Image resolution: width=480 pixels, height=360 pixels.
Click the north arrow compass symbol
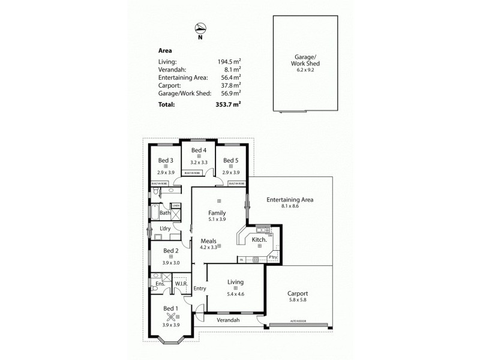click(x=200, y=27)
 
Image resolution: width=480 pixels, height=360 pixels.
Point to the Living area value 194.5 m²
click(x=229, y=61)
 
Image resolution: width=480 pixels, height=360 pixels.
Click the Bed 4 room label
click(x=199, y=150)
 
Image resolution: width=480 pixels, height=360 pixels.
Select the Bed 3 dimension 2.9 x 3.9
click(x=166, y=172)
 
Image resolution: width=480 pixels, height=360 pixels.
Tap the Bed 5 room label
click(x=231, y=160)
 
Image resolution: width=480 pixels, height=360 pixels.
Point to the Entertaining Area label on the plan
click(x=290, y=200)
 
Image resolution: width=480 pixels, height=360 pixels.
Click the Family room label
click(x=217, y=212)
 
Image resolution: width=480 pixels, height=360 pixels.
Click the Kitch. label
click(x=259, y=239)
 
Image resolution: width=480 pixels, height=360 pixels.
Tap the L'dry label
click(x=166, y=229)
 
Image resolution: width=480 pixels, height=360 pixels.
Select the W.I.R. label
click(x=182, y=284)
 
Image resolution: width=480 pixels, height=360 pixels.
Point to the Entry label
click(x=200, y=289)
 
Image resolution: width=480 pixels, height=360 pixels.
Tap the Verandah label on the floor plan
click(x=228, y=320)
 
